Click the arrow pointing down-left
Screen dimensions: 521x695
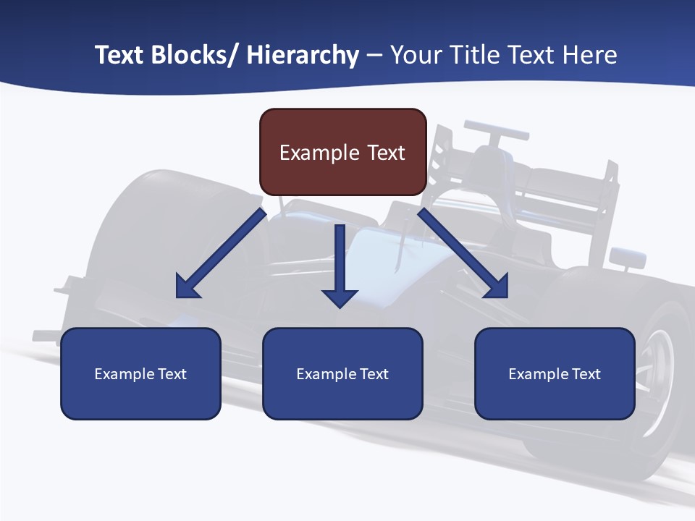[221, 254]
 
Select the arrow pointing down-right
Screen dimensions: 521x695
[463, 254]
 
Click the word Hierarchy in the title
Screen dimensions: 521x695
[303, 55]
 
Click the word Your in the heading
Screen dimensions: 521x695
[415, 55]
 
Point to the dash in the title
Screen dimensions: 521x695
[374, 55]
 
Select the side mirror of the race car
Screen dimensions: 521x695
[627, 256]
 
